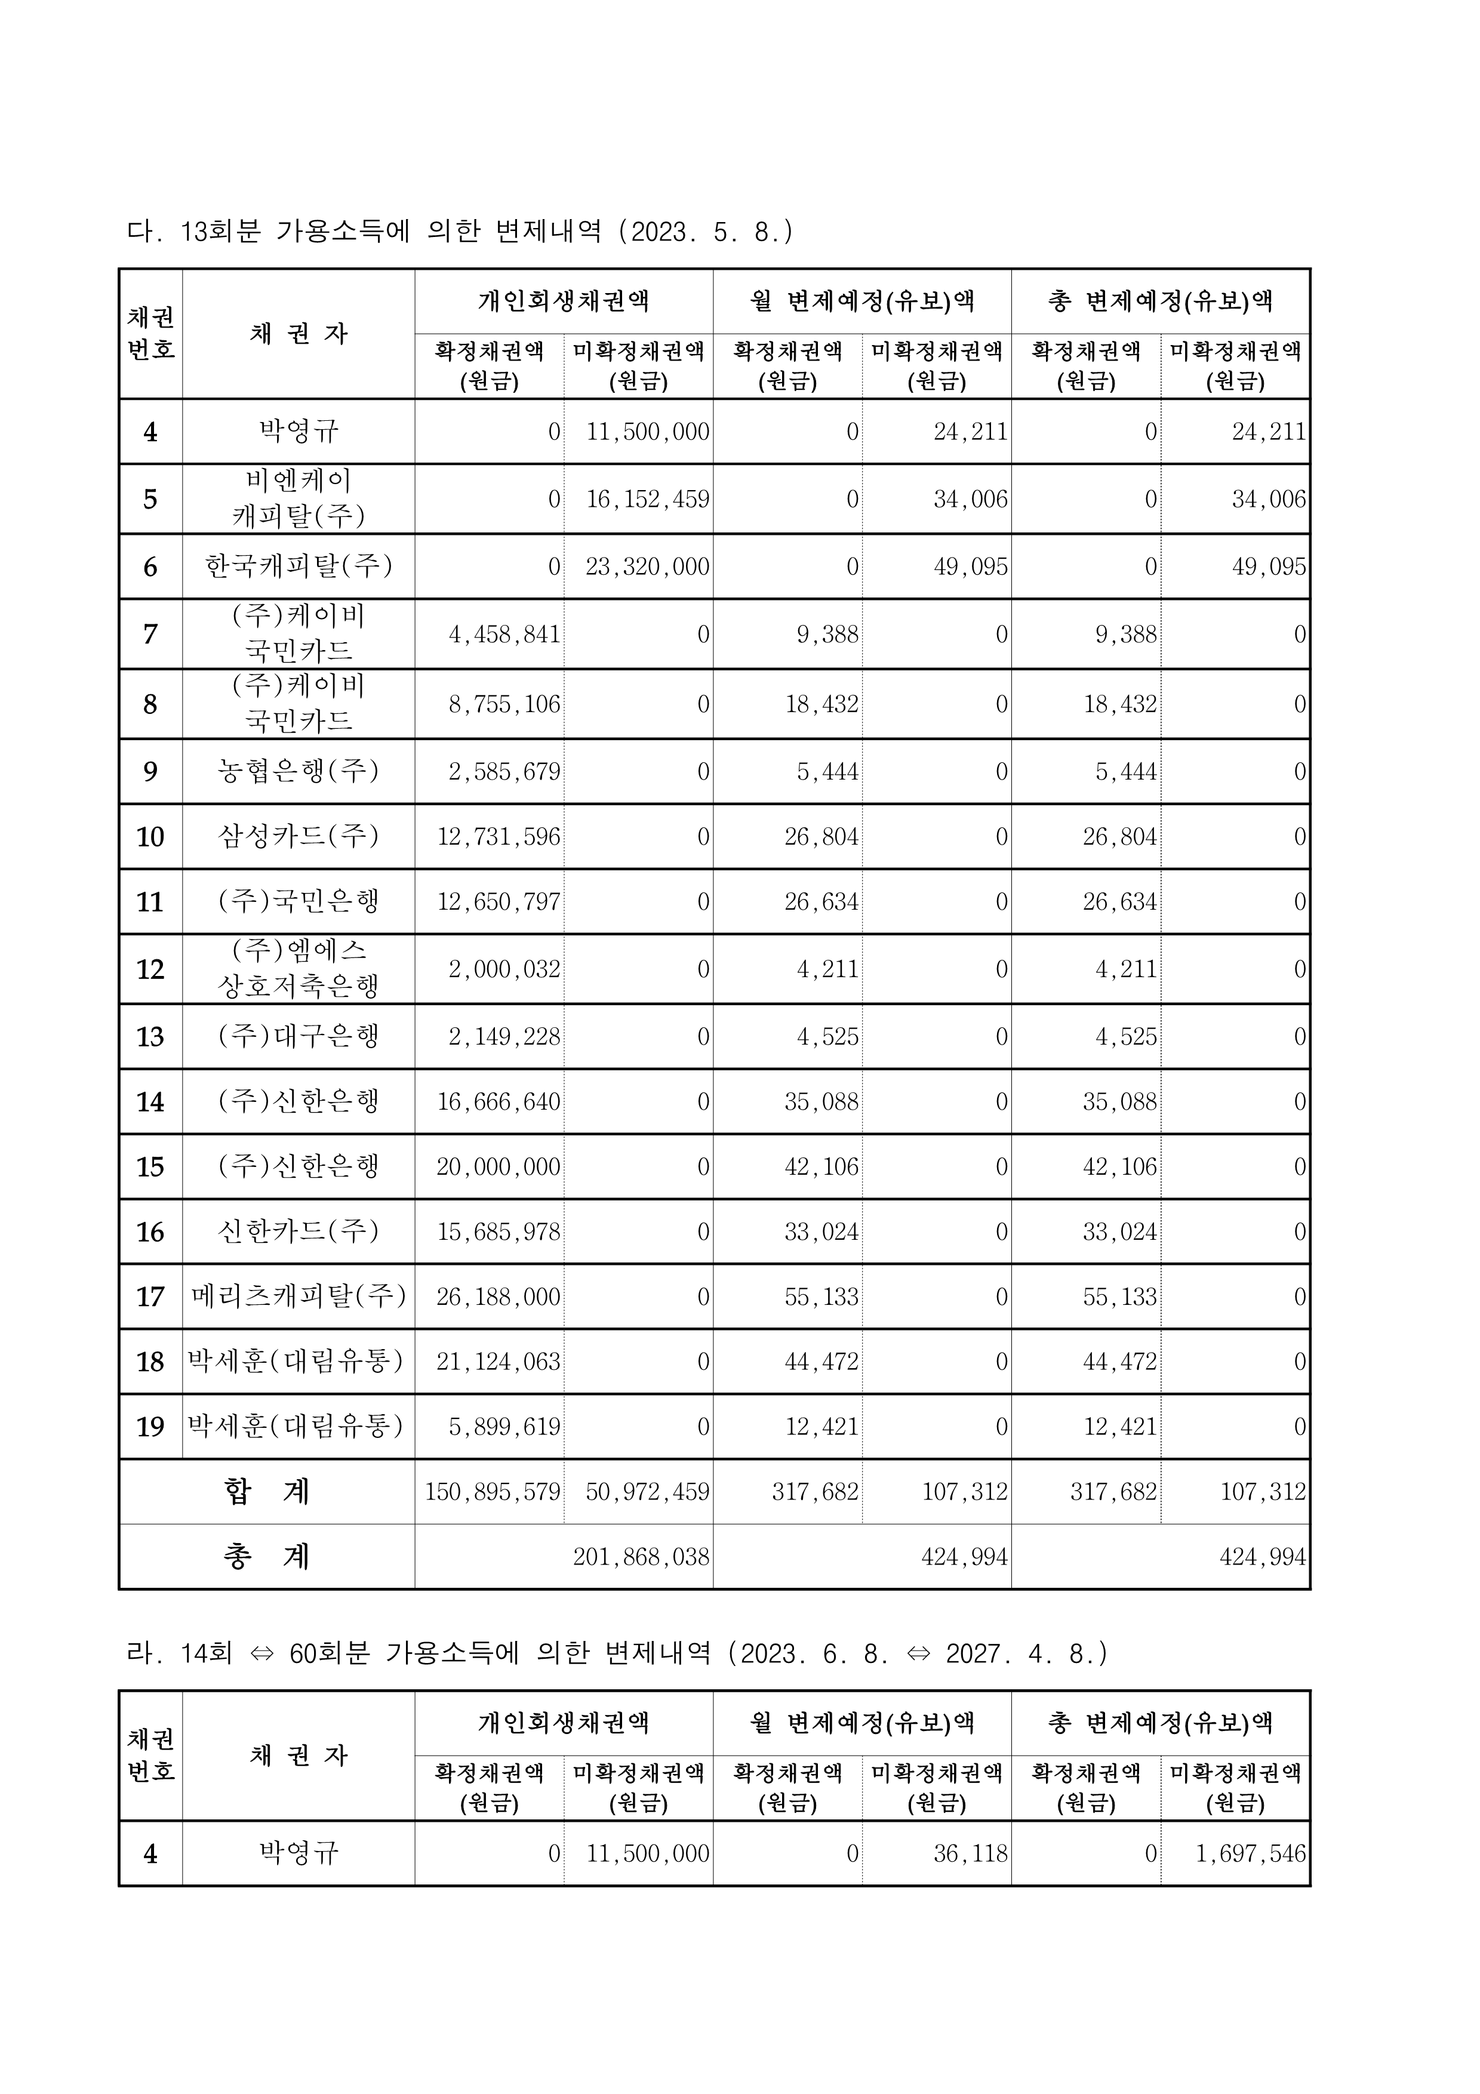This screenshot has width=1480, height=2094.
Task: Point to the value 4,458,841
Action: pyautogui.click(x=504, y=635)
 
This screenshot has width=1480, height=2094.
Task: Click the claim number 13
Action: pyautogui.click(x=150, y=1037)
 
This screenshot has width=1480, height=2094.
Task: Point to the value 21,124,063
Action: pyautogui.click(x=499, y=1362)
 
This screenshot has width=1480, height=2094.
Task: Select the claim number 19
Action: pyautogui.click(x=150, y=1427)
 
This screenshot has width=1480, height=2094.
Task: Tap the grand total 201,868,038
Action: pyautogui.click(x=641, y=1557)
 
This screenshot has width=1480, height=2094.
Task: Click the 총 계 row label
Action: pyautogui.click(x=266, y=1557)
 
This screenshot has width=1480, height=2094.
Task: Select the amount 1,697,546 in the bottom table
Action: pyautogui.click(x=1251, y=1854)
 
